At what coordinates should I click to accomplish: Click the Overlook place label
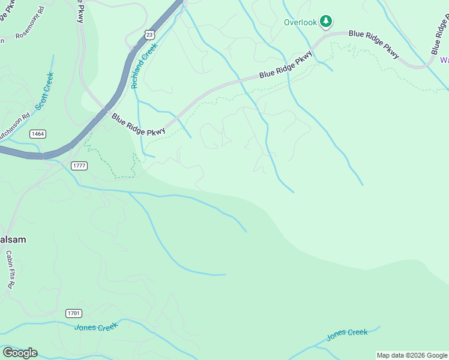(x=300, y=23)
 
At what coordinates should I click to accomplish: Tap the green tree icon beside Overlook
(x=326, y=22)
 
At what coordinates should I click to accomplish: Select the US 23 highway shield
(x=149, y=35)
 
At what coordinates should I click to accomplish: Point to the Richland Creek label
(x=144, y=66)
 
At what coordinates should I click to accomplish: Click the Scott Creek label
(x=44, y=91)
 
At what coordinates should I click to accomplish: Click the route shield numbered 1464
(x=37, y=134)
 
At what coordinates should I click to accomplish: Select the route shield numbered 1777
(x=79, y=165)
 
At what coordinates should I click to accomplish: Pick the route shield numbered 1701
(x=74, y=313)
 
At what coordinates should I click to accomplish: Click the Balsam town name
(x=12, y=239)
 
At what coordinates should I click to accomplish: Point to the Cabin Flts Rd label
(x=10, y=269)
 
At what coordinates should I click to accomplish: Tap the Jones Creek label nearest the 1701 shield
(x=96, y=327)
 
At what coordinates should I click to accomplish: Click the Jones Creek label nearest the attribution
(x=347, y=334)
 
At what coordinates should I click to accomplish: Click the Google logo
(x=20, y=353)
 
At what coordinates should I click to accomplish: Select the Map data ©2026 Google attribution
(x=411, y=355)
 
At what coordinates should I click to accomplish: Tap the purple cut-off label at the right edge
(x=444, y=60)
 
